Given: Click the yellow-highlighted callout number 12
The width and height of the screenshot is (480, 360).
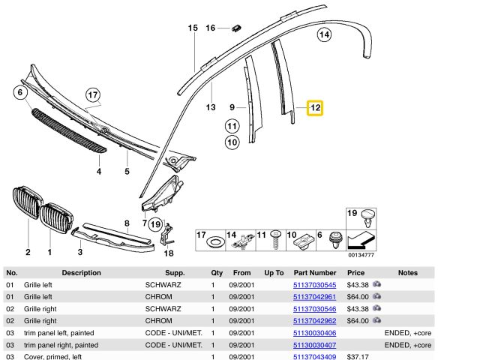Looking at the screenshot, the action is point(315,108).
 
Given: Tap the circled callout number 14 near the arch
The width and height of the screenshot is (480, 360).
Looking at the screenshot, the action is point(324,34).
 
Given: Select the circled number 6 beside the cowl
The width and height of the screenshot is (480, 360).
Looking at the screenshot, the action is point(20,92).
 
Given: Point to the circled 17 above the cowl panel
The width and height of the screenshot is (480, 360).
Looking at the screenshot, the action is point(93,95).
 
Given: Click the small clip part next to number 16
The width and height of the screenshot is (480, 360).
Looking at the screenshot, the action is point(236,28).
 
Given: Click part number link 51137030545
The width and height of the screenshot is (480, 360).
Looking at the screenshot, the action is point(314,285).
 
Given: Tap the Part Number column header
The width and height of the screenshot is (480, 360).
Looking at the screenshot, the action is point(315,273).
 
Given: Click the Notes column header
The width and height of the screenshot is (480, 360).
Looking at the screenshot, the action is point(408,273).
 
